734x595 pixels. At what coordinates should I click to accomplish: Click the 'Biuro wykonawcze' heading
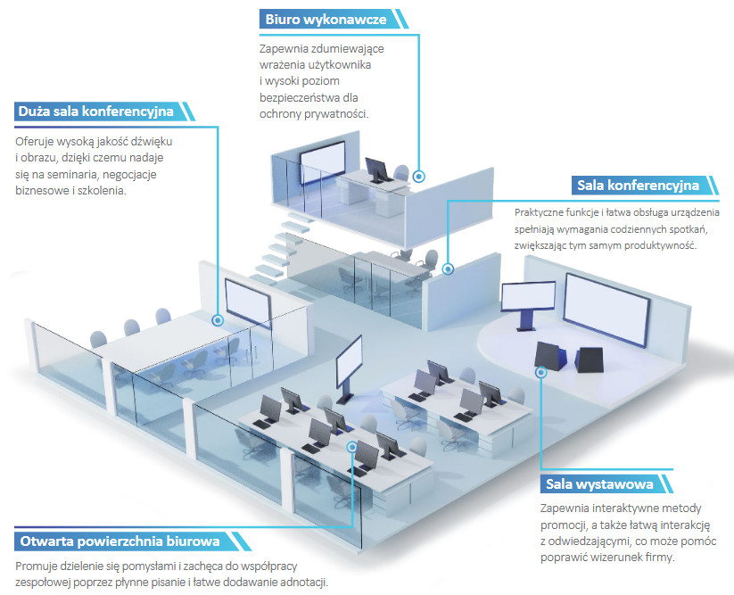(x=326, y=20)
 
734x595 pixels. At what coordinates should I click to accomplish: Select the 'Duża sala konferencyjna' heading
(x=96, y=112)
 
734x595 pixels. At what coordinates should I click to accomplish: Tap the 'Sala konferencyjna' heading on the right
(x=638, y=186)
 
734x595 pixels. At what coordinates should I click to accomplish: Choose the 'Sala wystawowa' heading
(x=599, y=484)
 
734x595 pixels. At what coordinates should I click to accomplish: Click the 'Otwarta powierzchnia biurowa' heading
(x=120, y=541)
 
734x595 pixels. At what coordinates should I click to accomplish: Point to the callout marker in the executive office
(x=419, y=177)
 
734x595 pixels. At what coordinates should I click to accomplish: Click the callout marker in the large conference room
(x=218, y=320)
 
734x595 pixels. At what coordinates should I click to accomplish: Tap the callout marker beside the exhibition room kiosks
(x=541, y=372)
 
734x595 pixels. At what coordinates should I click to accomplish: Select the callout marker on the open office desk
(x=352, y=447)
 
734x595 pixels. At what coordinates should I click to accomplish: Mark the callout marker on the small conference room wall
(x=448, y=269)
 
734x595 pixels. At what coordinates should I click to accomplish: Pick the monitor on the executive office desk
(x=378, y=169)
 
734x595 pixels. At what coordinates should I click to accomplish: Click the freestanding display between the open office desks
(x=349, y=362)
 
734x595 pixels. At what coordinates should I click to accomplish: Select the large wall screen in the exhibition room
(x=606, y=310)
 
